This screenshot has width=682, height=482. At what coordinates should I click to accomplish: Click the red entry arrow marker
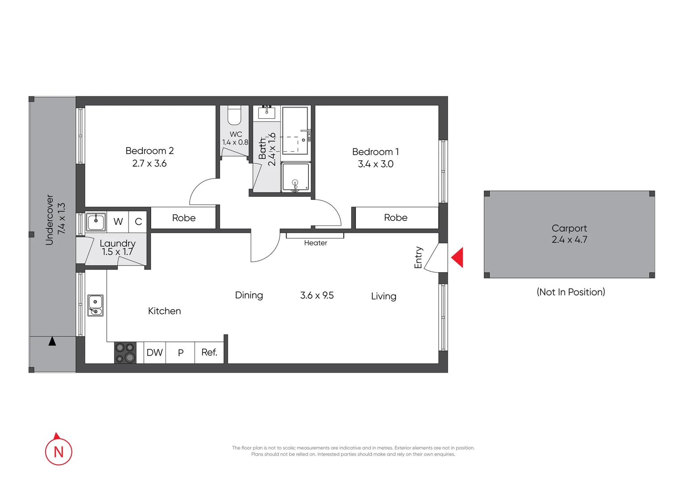457,258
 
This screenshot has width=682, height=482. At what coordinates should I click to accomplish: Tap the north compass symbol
58,451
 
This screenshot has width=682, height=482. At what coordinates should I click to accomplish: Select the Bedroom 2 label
150,151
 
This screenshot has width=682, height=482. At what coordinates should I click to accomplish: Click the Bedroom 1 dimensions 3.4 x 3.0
375,164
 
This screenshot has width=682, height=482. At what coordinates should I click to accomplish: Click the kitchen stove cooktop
125,353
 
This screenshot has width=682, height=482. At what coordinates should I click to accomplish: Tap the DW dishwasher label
154,353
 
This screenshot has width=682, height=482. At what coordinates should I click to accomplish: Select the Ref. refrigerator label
209,353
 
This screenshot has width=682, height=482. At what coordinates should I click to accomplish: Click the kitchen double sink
95,306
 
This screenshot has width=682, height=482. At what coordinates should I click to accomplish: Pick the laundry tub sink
96,221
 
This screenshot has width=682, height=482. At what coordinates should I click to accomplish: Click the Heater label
316,243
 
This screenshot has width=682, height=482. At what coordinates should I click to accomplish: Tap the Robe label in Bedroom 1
395,218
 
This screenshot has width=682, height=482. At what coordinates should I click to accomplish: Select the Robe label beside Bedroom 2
184,218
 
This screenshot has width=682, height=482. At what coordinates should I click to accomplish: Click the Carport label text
569,228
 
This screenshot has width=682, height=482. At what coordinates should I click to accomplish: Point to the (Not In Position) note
570,292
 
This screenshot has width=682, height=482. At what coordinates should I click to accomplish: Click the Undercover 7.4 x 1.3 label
55,219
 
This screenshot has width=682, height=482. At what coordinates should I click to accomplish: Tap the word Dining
249,295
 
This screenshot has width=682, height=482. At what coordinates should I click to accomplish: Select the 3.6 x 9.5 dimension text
317,295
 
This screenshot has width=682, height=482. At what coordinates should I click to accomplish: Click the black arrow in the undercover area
52,341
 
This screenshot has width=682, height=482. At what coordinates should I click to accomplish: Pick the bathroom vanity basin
266,112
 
